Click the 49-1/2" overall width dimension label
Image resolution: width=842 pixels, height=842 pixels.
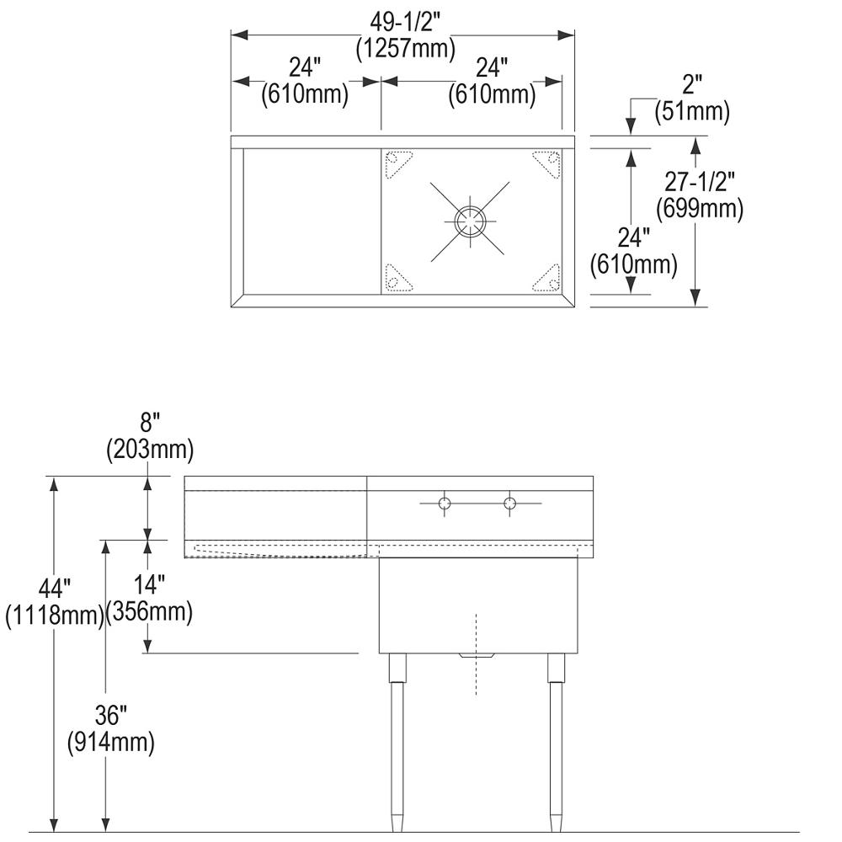(x=405, y=18)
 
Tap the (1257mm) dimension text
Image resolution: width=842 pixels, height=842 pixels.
(x=405, y=47)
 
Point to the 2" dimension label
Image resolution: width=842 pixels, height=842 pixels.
(x=692, y=84)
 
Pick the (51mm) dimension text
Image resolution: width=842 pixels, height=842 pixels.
(x=692, y=111)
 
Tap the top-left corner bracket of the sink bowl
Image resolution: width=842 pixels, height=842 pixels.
(x=397, y=162)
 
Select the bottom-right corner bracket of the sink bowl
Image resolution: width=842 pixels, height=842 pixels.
(x=546, y=279)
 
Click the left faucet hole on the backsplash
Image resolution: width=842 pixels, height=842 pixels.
(x=445, y=504)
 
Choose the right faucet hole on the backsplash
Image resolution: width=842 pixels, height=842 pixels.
(x=510, y=504)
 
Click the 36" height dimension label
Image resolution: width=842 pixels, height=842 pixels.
(x=110, y=716)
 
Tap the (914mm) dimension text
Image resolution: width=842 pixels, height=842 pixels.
(x=110, y=743)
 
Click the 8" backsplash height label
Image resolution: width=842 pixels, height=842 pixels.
(x=150, y=424)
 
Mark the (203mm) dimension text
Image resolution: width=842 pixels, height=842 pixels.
(x=150, y=450)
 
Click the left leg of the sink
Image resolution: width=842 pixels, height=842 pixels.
(x=397, y=741)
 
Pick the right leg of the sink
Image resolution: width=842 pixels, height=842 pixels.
(x=555, y=741)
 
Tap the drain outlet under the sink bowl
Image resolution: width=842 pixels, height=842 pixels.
(x=477, y=655)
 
